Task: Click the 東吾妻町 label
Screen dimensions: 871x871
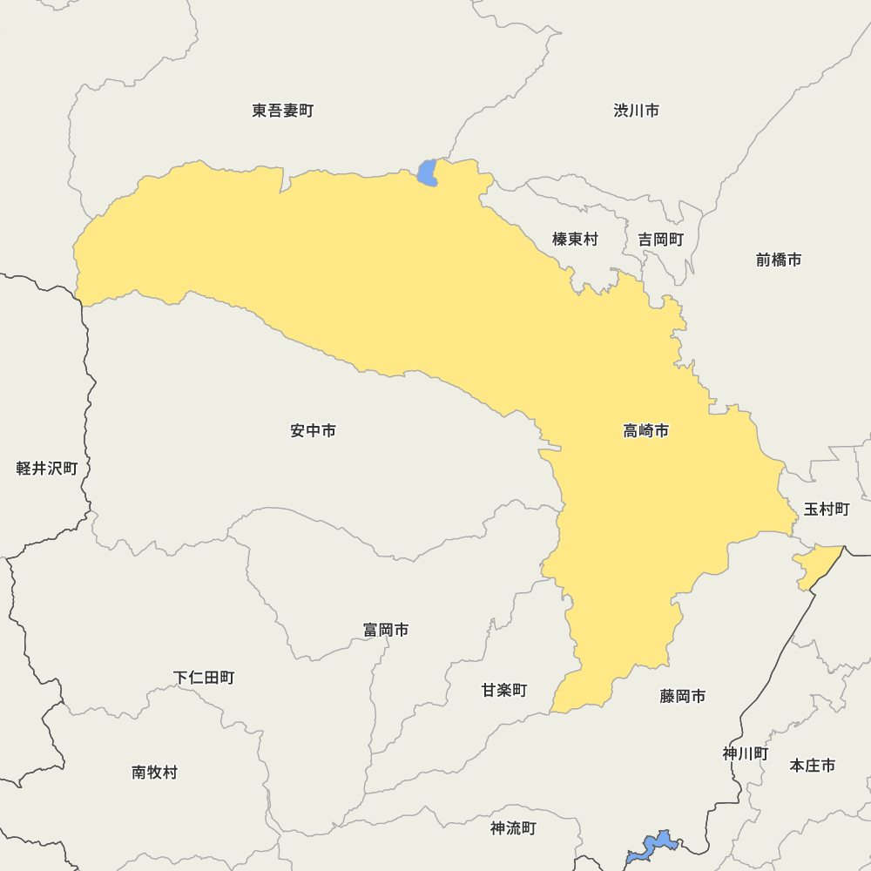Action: pos(282,111)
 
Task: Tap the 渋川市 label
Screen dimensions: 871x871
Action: pos(636,111)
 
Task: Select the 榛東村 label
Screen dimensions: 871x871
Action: pos(575,239)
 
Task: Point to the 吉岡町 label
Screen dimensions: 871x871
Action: pos(660,239)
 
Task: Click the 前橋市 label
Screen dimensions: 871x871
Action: pos(778,260)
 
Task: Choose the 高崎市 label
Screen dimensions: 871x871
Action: pos(646,430)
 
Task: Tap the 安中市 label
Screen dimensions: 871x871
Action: pos(313,430)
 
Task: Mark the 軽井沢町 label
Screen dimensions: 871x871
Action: pos(47,469)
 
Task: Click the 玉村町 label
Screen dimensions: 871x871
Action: pos(826,509)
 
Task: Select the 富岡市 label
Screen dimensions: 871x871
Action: pos(386,630)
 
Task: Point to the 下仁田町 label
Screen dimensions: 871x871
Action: pos(203,677)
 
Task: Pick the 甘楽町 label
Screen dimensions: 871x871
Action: pos(504,690)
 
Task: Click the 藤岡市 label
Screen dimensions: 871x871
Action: pos(682,696)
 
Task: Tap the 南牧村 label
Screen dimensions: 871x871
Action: pos(154,772)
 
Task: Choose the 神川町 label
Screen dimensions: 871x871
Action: pos(746,753)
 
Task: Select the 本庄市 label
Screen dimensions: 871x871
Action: pos(812,765)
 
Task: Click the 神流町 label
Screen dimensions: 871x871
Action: pos(513,828)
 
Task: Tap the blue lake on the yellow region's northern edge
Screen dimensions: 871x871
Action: pos(427,172)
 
